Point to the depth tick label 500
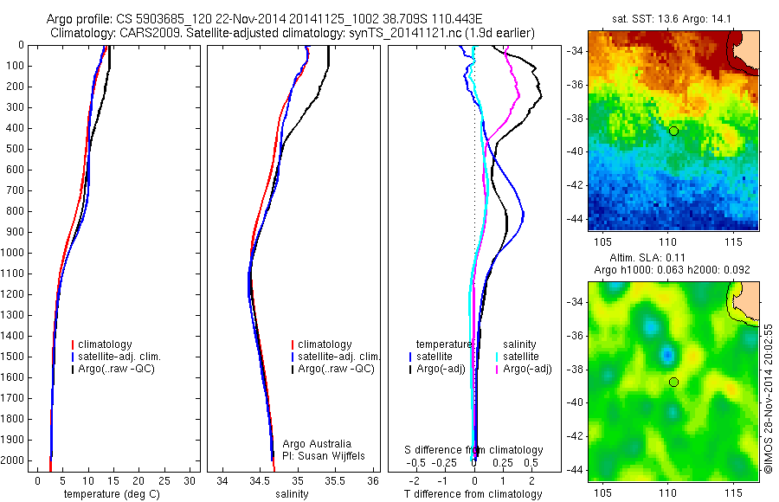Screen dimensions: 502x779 (x=16, y=149)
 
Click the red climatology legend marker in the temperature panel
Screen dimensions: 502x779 (x=74, y=344)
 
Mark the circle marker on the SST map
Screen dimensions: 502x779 (x=673, y=131)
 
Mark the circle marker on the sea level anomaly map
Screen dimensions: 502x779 (x=673, y=382)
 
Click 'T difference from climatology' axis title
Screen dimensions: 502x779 (x=473, y=494)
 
